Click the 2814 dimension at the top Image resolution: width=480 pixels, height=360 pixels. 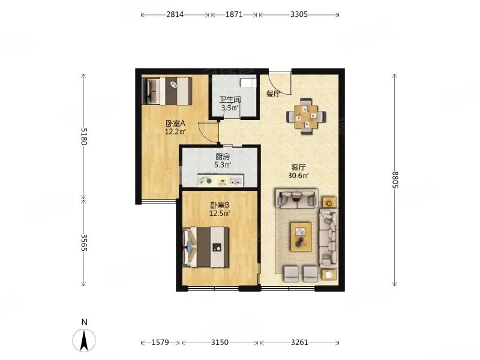pyautogui.click(x=175, y=14)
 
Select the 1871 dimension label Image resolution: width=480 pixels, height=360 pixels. pyautogui.click(x=234, y=14)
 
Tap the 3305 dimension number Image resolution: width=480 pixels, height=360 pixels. pyautogui.click(x=299, y=14)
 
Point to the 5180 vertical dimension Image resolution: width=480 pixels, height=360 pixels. pyautogui.click(x=84, y=136)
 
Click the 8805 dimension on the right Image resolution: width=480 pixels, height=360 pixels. pyautogui.click(x=395, y=180)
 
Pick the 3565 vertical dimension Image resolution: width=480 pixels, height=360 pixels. pyautogui.click(x=84, y=243)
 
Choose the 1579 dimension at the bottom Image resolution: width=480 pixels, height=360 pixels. pyautogui.click(x=160, y=342)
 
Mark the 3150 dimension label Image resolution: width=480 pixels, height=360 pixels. pyautogui.click(x=220, y=342)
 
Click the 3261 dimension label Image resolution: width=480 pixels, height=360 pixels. pyautogui.click(x=299, y=342)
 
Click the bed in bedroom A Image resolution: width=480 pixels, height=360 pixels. pyautogui.click(x=167, y=91)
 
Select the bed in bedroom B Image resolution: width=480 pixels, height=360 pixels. pyautogui.click(x=206, y=247)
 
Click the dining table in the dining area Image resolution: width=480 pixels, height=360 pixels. pyautogui.click(x=306, y=116)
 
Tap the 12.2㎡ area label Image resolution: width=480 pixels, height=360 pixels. pyautogui.click(x=175, y=132)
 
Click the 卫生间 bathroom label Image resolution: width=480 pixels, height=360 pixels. pyautogui.click(x=230, y=100)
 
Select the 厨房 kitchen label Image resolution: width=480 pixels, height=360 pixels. pyautogui.click(x=222, y=157)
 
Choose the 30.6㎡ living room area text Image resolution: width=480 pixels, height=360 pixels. pyautogui.click(x=298, y=175)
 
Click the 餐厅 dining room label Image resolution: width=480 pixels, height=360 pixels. pyautogui.click(x=273, y=94)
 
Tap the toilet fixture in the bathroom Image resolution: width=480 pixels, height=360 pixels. pyautogui.click(x=248, y=83)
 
